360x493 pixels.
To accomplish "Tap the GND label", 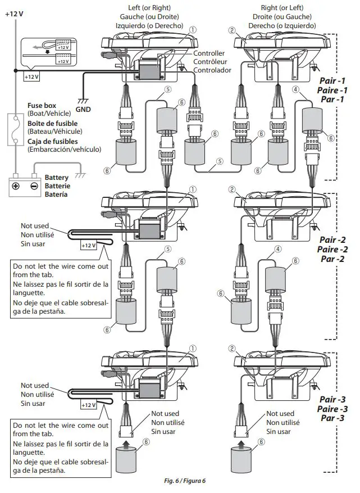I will point(83,110).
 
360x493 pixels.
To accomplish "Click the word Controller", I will point(209,53).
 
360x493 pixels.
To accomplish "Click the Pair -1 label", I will point(332,81).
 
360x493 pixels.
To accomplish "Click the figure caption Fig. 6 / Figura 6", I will point(180,481).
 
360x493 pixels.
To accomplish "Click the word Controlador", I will point(212,70).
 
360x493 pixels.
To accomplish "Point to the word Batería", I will point(56,195).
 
